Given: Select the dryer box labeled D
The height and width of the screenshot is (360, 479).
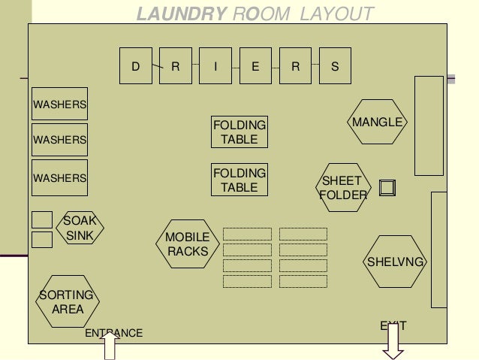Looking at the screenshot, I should (137, 66).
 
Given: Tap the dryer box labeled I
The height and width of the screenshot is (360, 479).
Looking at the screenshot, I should (216, 66).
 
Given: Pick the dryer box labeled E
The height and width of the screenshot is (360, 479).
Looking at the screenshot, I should (256, 66).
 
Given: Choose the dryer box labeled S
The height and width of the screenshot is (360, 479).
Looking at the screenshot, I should (335, 66).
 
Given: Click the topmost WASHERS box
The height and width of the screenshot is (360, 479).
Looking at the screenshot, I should (59, 104).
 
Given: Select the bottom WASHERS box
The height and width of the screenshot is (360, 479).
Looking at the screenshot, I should (59, 178).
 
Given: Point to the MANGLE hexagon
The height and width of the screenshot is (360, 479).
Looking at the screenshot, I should (378, 122).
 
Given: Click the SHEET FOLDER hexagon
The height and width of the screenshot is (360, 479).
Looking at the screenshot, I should (344, 188).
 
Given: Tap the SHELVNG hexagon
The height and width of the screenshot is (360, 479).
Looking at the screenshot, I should (395, 262).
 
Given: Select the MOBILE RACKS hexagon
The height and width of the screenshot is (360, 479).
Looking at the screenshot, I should (188, 245).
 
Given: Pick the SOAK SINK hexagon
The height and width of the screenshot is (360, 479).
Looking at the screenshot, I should (78, 228).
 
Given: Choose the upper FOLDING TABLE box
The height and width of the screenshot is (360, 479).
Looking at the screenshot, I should (240, 132).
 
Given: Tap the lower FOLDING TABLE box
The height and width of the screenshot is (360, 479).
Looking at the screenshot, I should (240, 180).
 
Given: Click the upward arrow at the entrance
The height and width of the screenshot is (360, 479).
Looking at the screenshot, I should (110, 347).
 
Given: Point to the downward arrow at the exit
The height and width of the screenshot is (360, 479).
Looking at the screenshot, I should (393, 342).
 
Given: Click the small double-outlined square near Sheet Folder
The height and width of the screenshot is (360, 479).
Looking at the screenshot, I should (387, 187).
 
